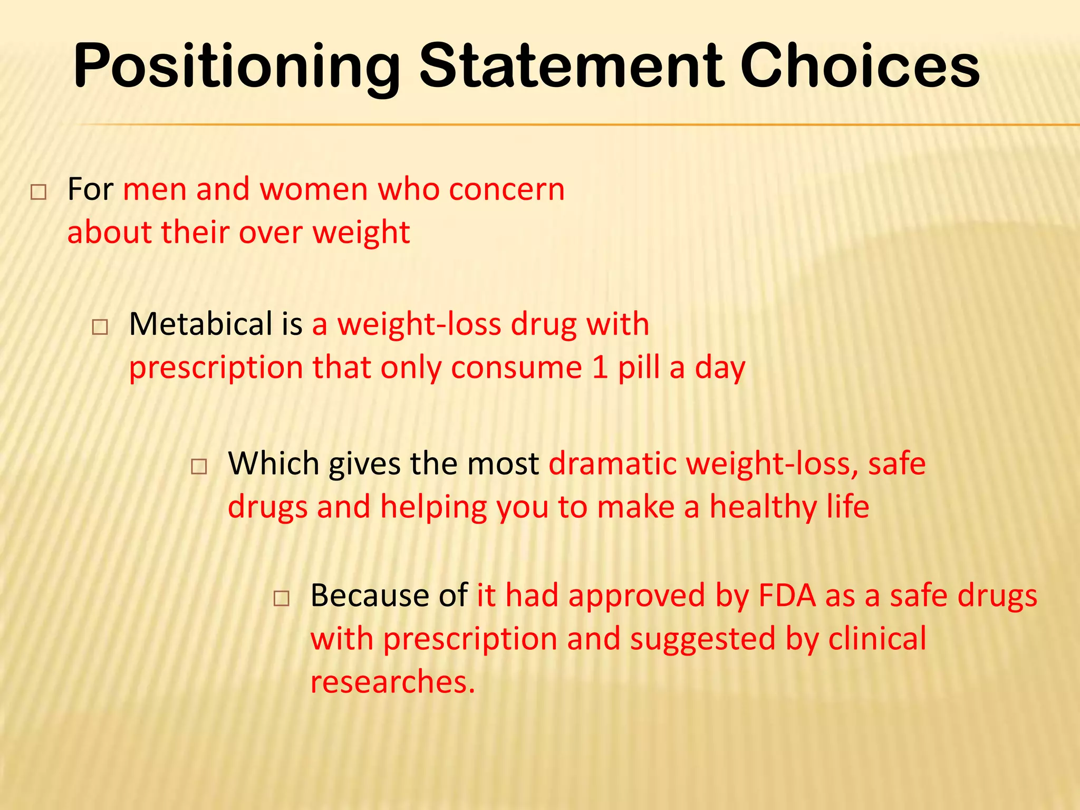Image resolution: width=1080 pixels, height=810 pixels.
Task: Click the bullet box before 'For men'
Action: (x=38, y=192)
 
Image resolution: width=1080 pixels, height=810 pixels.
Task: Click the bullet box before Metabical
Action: (x=100, y=327)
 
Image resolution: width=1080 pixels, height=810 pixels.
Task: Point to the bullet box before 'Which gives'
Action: (x=199, y=467)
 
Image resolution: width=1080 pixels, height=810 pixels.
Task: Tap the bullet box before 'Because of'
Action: (x=282, y=599)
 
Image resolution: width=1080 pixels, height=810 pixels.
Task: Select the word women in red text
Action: (x=313, y=189)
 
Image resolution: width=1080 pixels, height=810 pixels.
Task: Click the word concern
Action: (x=506, y=189)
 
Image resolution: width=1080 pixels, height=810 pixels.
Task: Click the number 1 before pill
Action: (x=600, y=368)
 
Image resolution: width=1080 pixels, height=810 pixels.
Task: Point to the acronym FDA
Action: (x=787, y=595)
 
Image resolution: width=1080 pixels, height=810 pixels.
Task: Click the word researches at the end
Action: (x=392, y=682)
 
